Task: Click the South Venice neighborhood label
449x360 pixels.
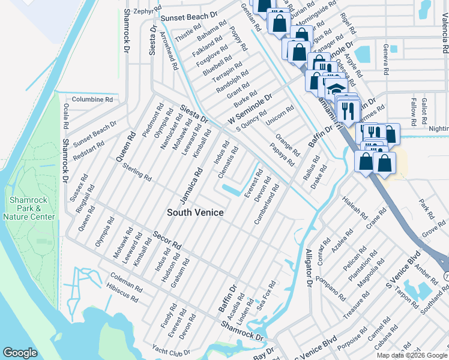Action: (x=195, y=212)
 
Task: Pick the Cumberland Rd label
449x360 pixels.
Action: (x=267, y=204)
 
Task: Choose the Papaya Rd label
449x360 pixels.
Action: (x=282, y=154)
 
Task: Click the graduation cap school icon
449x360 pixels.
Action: (x=333, y=88)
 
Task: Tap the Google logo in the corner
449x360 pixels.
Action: (x=20, y=353)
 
